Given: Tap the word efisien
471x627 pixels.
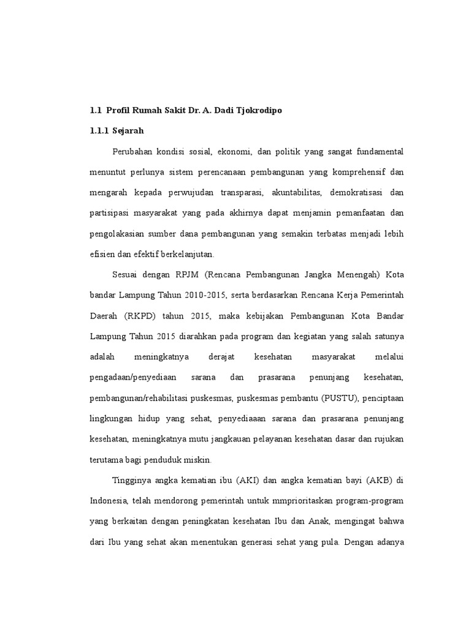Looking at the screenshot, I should click(102, 255).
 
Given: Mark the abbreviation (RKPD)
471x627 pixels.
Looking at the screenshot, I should click(144, 317).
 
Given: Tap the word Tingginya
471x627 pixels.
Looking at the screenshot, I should click(132, 480).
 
